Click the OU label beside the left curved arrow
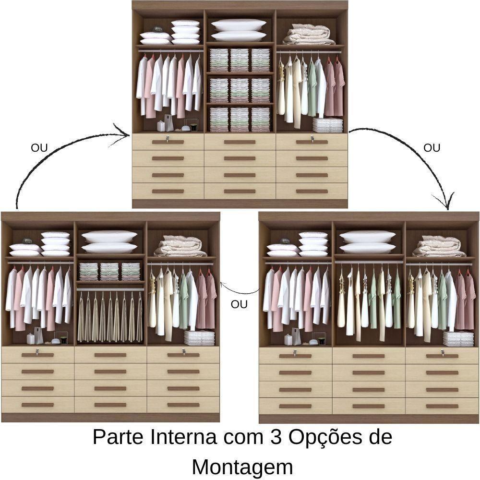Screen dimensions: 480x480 coord(39,148)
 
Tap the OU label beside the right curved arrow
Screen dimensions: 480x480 coord(432,148)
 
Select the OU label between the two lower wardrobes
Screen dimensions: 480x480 coord(239,304)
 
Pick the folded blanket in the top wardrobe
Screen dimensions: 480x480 coord(309,35)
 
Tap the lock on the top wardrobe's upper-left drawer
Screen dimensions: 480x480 coord(168,139)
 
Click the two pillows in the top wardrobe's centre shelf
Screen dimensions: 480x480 coord(239,30)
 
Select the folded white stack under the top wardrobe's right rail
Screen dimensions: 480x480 coord(327,125)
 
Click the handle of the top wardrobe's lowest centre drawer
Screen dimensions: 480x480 coord(240,191)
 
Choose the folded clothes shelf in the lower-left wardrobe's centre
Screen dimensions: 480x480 coord(110,272)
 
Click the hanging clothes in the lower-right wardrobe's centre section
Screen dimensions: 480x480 coord(369,302)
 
